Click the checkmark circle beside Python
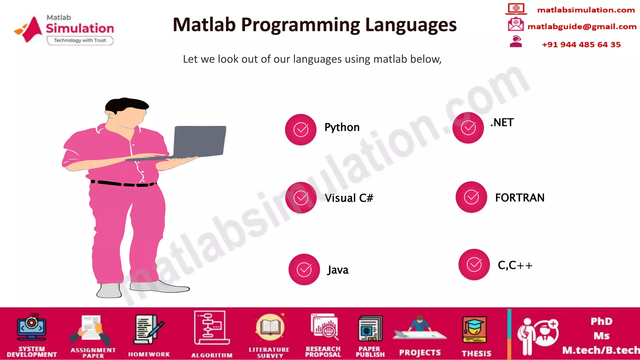point(301,129)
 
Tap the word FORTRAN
point(520,197)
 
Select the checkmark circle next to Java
point(304,269)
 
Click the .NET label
point(502,122)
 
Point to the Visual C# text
point(349,198)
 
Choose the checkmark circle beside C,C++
point(474,264)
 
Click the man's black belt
point(123,183)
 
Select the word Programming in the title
point(300,25)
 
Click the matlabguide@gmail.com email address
point(582,27)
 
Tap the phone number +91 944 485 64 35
point(581,45)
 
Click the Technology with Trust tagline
point(80,40)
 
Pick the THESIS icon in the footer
point(474,330)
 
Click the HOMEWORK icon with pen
point(148,329)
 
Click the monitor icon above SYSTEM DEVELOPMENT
point(32,328)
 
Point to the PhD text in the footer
point(601,321)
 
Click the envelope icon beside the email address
point(515,24)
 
